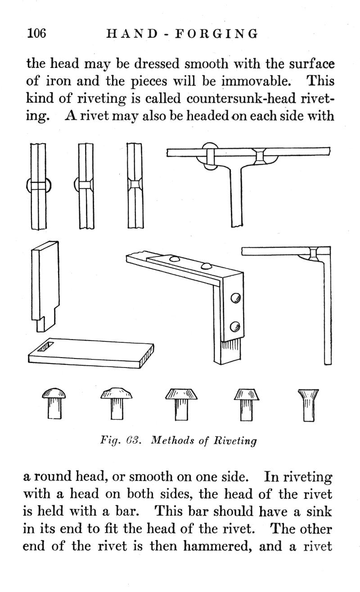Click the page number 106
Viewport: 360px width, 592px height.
pyautogui.click(x=36, y=33)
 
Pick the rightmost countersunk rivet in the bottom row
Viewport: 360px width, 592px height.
pyautogui.click(x=308, y=404)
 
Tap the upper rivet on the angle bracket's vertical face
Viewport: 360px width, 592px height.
pyautogui.click(x=234, y=297)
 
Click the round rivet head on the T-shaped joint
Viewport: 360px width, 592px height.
pyautogui.click(x=208, y=155)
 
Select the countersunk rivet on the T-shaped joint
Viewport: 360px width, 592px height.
pyautogui.click(x=260, y=156)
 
